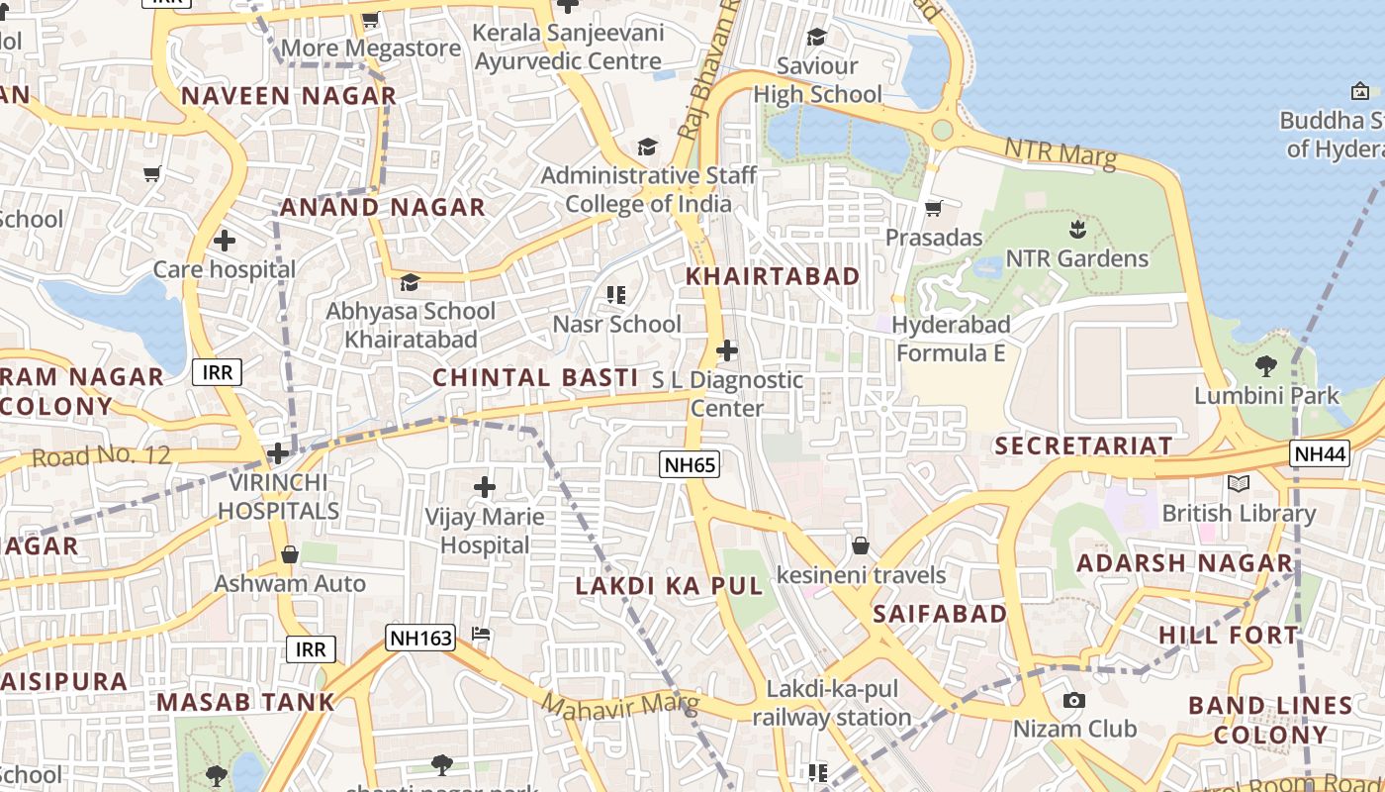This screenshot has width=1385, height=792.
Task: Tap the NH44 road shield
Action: [1320, 453]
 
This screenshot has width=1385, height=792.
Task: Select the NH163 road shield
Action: [414, 638]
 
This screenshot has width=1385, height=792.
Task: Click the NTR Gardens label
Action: [1076, 258]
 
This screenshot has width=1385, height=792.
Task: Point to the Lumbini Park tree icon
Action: [1265, 366]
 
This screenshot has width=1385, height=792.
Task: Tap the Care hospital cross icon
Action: [225, 241]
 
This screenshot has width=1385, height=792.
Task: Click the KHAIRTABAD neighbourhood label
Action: [773, 276]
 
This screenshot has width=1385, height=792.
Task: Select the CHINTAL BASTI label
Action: [535, 377]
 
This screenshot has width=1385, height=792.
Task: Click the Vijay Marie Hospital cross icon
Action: [485, 487]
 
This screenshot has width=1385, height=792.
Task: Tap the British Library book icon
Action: [1238, 484]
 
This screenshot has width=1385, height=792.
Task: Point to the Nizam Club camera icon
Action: [1073, 701]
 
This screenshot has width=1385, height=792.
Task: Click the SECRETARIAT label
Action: [1083, 445]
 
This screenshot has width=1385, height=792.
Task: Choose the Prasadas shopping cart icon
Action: [933, 208]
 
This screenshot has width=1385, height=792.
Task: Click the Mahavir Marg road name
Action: [620, 704]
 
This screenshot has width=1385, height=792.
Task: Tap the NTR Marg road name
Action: [1060, 152]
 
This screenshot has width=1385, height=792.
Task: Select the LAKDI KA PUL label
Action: [670, 585]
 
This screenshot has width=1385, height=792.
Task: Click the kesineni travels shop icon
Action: [861, 545]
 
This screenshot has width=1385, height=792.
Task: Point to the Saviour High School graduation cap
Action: [817, 38]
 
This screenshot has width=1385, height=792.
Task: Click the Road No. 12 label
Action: [101, 456]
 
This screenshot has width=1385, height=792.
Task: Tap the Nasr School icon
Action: [616, 295]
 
